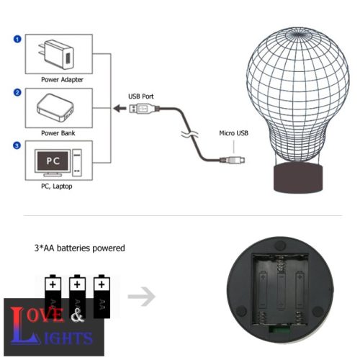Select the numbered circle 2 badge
click(x=17, y=92)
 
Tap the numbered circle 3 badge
click(x=17, y=146)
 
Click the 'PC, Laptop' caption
click(x=56, y=187)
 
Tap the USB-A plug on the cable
click(x=142, y=109)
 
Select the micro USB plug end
click(x=236, y=160)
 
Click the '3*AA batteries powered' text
click(x=80, y=248)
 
